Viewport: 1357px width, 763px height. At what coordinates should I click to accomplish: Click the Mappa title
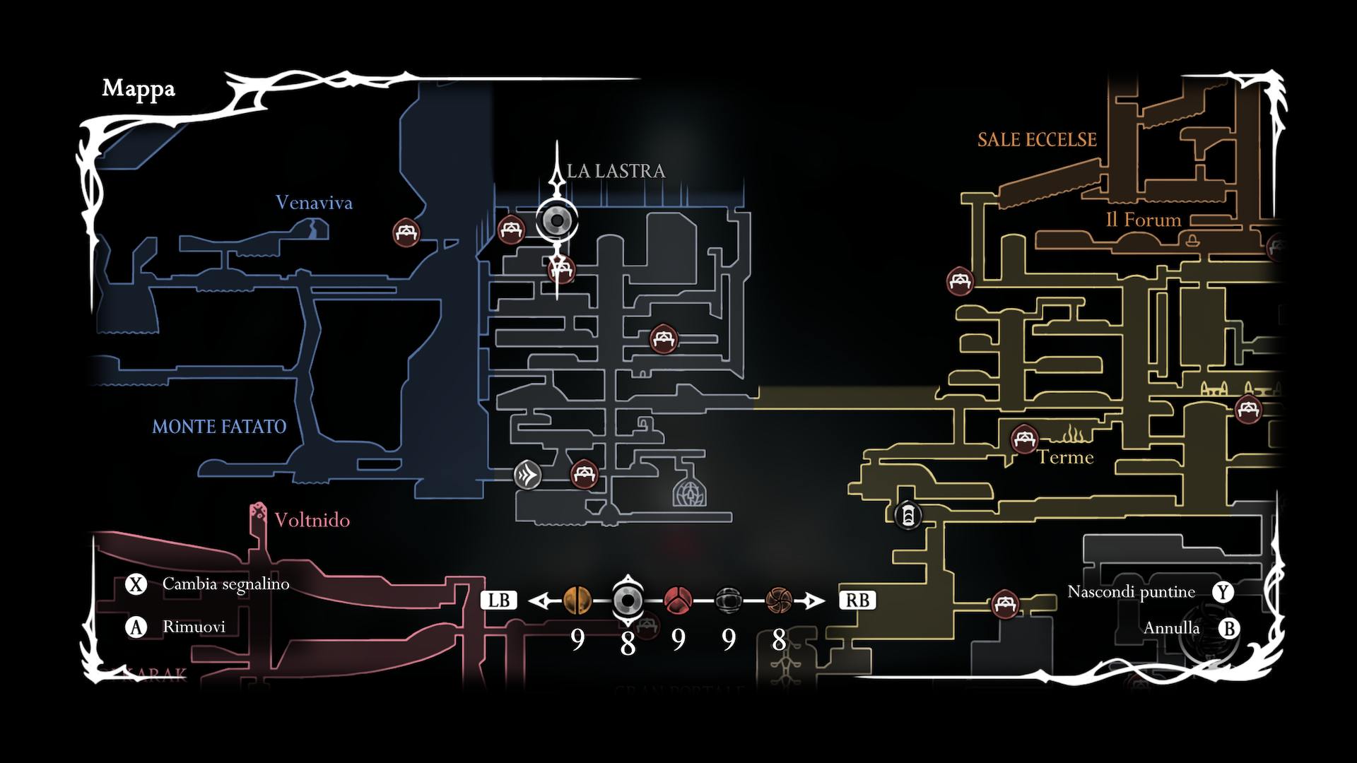click(139, 89)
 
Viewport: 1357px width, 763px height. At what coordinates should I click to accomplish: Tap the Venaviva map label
click(314, 203)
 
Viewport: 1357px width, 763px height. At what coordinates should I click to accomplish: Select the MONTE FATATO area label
click(219, 427)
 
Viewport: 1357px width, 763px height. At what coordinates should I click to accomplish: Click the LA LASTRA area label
click(616, 171)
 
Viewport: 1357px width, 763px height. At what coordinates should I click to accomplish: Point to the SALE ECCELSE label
click(1037, 140)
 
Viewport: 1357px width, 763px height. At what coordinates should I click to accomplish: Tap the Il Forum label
click(1143, 220)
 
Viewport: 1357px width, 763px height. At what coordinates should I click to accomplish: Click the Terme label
click(1065, 458)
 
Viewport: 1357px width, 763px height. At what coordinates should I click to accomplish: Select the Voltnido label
click(312, 521)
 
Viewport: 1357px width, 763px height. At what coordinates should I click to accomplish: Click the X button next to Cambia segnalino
click(135, 584)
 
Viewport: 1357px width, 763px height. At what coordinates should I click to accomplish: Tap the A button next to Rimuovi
click(135, 627)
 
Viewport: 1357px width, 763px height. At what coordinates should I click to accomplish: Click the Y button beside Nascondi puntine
click(1223, 592)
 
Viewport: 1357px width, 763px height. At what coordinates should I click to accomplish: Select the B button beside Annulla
click(1229, 628)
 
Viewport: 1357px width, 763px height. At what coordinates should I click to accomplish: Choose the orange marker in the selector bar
click(577, 601)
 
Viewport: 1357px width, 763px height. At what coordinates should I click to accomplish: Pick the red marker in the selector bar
click(677, 601)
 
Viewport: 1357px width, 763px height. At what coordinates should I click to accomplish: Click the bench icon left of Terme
click(1023, 439)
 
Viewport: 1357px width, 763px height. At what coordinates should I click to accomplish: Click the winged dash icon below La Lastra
click(527, 474)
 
